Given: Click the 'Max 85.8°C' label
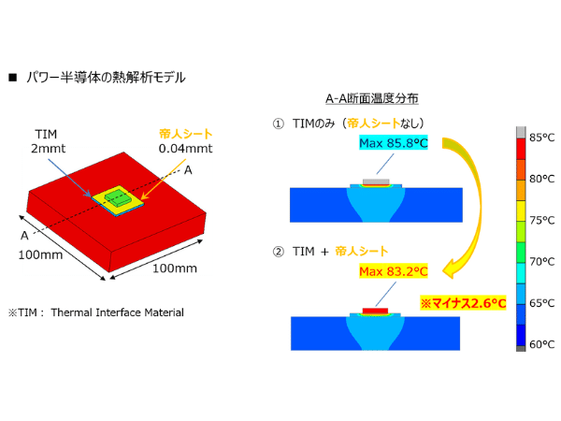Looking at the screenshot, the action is pyautogui.click(x=394, y=143).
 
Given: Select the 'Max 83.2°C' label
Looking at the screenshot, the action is pyautogui.click(x=394, y=271).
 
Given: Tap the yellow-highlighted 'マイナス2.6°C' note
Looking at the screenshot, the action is pyautogui.click(x=463, y=303).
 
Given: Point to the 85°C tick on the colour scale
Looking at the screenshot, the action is pyautogui.click(x=541, y=138).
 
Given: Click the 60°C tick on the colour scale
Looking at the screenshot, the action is pyautogui.click(x=541, y=344).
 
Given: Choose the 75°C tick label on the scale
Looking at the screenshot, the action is pyautogui.click(x=541, y=220).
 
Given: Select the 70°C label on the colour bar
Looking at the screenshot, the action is pyautogui.click(x=541, y=262).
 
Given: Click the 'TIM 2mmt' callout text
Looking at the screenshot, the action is pyautogui.click(x=48, y=141).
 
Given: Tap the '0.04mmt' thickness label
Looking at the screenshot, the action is pyautogui.click(x=185, y=148).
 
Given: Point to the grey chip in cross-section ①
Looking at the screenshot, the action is pyautogui.click(x=376, y=181).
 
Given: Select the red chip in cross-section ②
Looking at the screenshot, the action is pyautogui.click(x=375, y=311).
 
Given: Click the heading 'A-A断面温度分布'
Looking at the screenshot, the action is pyautogui.click(x=372, y=98).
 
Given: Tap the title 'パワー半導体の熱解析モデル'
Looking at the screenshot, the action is pyautogui.click(x=106, y=78).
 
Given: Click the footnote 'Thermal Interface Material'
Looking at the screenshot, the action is pyautogui.click(x=118, y=312).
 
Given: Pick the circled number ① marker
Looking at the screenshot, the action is pyautogui.click(x=278, y=123).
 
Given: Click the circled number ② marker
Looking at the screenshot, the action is pyautogui.click(x=278, y=252).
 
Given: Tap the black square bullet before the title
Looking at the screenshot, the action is pyautogui.click(x=13, y=78).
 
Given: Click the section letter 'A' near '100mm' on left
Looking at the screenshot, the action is pyautogui.click(x=24, y=235).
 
